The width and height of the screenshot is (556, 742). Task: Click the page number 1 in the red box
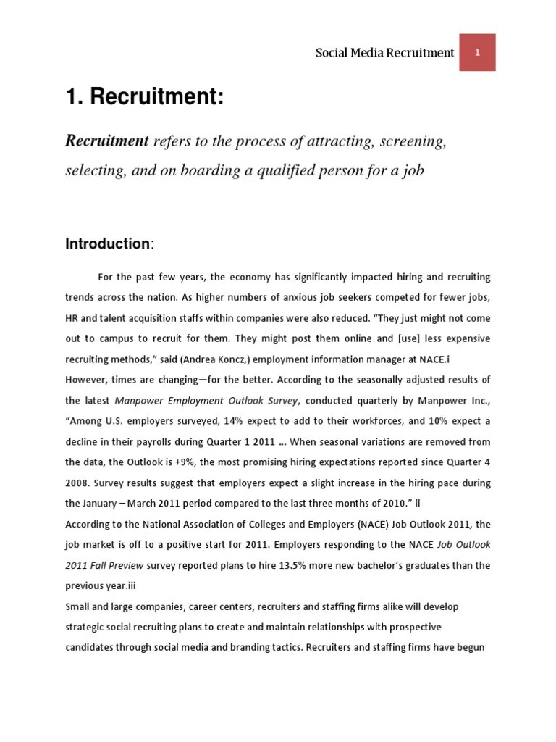[478, 52]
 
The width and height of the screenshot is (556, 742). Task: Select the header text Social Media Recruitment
[385, 53]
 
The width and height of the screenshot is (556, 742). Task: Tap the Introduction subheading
[109, 244]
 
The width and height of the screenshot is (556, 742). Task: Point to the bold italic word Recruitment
[106, 141]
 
